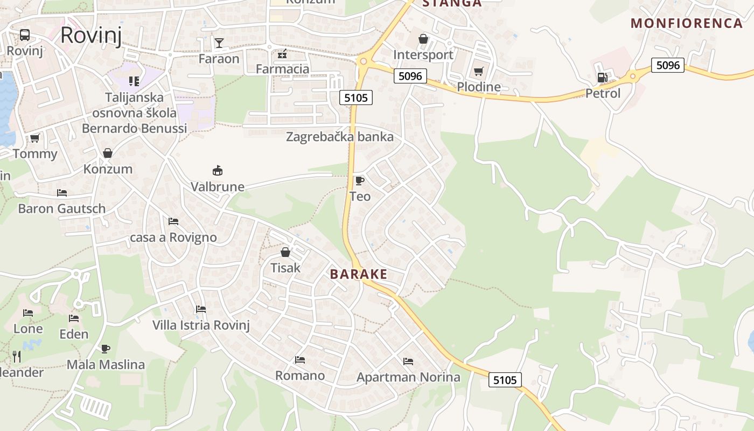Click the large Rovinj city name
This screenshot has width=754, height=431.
(90, 35)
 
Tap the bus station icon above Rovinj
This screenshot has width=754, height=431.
(25, 35)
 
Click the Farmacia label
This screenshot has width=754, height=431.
(282, 69)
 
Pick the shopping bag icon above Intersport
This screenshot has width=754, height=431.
(423, 39)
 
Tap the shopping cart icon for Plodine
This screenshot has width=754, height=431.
(478, 71)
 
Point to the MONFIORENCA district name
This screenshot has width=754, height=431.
(687, 23)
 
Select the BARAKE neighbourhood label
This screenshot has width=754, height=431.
(359, 274)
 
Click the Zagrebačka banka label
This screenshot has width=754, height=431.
(339, 137)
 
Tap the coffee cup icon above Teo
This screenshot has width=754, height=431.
(359, 180)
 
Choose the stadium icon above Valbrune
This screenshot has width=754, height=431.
(218, 171)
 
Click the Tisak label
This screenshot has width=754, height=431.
(285, 268)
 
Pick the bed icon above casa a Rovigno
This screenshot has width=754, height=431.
(173, 221)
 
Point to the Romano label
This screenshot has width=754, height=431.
(300, 376)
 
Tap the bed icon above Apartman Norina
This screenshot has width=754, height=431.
(408, 362)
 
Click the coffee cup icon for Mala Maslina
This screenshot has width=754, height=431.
(106, 349)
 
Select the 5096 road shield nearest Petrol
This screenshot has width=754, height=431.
(668, 65)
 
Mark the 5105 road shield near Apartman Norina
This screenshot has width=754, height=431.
(505, 380)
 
